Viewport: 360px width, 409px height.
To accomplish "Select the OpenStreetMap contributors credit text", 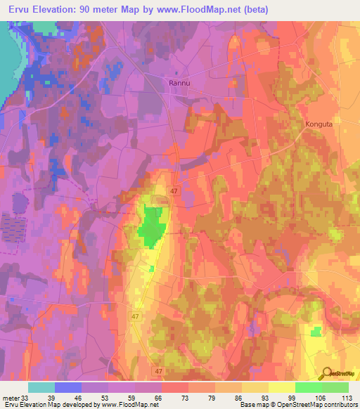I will (x=316, y=405).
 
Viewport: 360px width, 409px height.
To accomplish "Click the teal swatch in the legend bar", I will (x=41, y=387).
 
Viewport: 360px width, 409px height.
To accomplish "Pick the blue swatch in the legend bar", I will (x=68, y=387).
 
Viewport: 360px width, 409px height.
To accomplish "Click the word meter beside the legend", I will (x=9, y=397).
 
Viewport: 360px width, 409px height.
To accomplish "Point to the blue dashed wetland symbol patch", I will (x=13, y=228).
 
